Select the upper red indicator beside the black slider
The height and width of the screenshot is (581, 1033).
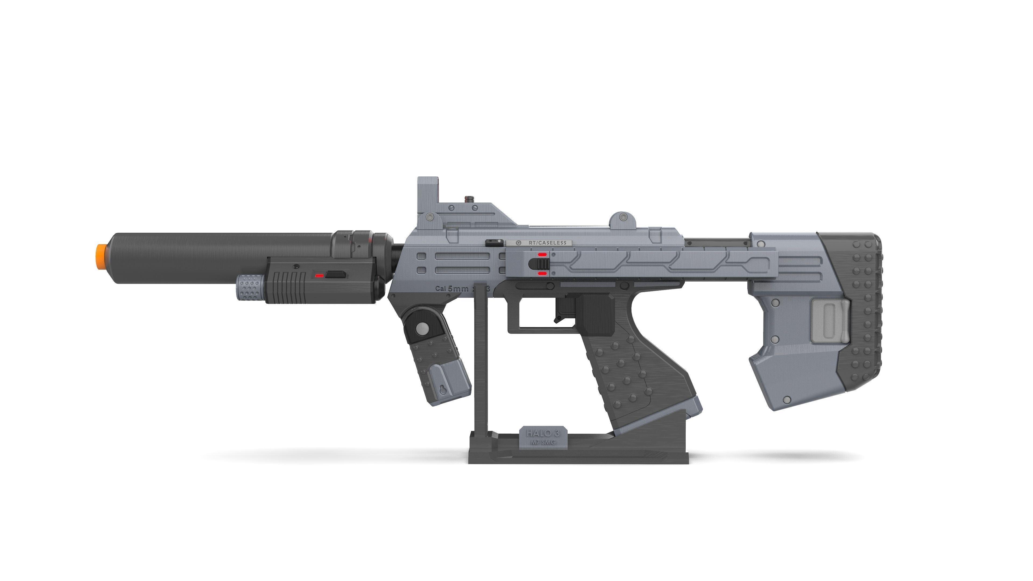[x=542, y=254]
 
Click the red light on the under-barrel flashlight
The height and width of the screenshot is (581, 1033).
[x=319, y=275]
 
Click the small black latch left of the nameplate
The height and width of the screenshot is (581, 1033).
[x=492, y=242]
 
